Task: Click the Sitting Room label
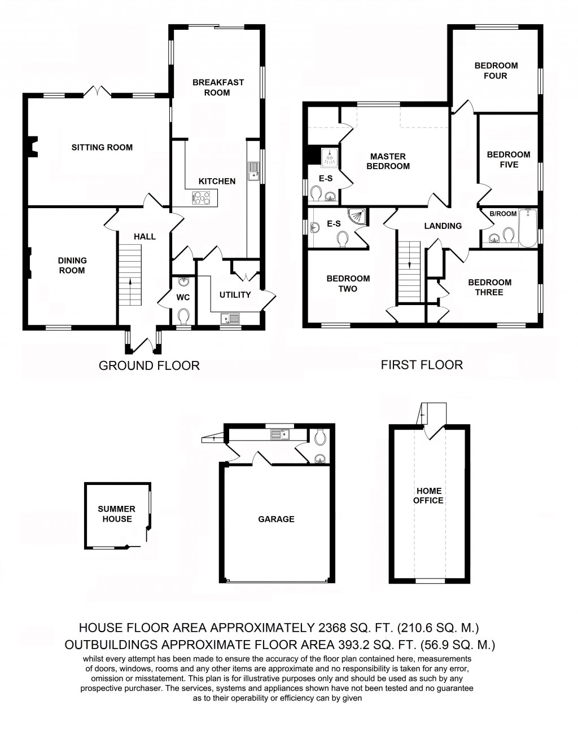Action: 102,148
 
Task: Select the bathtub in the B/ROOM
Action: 528,228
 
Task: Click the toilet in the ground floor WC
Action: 183,314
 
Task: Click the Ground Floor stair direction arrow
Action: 130,282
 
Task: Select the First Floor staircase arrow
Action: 410,265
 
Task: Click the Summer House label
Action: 117,514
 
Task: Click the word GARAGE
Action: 276,519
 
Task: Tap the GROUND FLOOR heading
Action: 149,365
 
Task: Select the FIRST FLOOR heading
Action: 422,365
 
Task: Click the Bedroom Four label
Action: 496,70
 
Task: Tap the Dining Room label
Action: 72,266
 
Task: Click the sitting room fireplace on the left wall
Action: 33,147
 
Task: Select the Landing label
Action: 443,226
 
